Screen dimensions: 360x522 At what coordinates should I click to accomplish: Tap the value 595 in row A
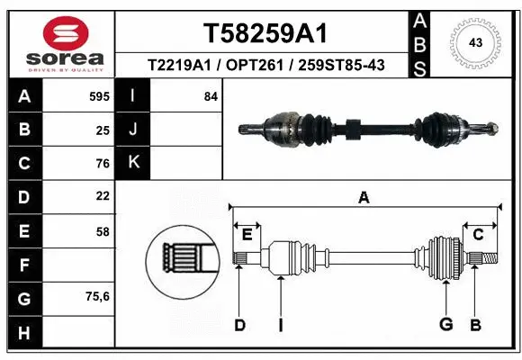[100, 96]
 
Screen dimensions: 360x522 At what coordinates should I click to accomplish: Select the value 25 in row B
[103, 130]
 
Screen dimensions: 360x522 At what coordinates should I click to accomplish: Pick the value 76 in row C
[103, 164]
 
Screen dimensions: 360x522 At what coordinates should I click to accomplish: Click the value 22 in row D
[103, 196]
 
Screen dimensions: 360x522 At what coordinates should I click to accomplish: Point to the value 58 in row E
[103, 230]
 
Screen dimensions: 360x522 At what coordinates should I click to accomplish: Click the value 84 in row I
[211, 96]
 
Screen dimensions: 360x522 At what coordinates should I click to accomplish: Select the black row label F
[22, 264]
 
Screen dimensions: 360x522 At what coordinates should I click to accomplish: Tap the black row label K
[133, 163]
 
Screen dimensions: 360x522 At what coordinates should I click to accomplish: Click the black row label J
[133, 130]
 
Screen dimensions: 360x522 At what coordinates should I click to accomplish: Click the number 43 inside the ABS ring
[476, 42]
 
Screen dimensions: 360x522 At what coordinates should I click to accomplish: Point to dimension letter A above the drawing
[364, 197]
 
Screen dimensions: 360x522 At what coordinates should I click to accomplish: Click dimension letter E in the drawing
[247, 235]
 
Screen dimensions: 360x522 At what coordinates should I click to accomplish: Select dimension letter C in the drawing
[478, 235]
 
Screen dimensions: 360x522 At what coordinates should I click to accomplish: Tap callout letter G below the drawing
[444, 324]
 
